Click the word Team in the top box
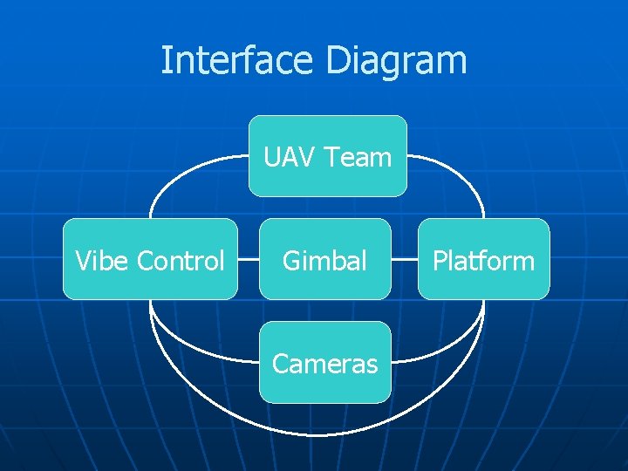pos(358,157)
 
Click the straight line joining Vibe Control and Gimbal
pos(249,259)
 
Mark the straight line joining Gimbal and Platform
pos(405,259)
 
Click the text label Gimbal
pos(324,260)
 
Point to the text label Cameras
pos(324,363)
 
